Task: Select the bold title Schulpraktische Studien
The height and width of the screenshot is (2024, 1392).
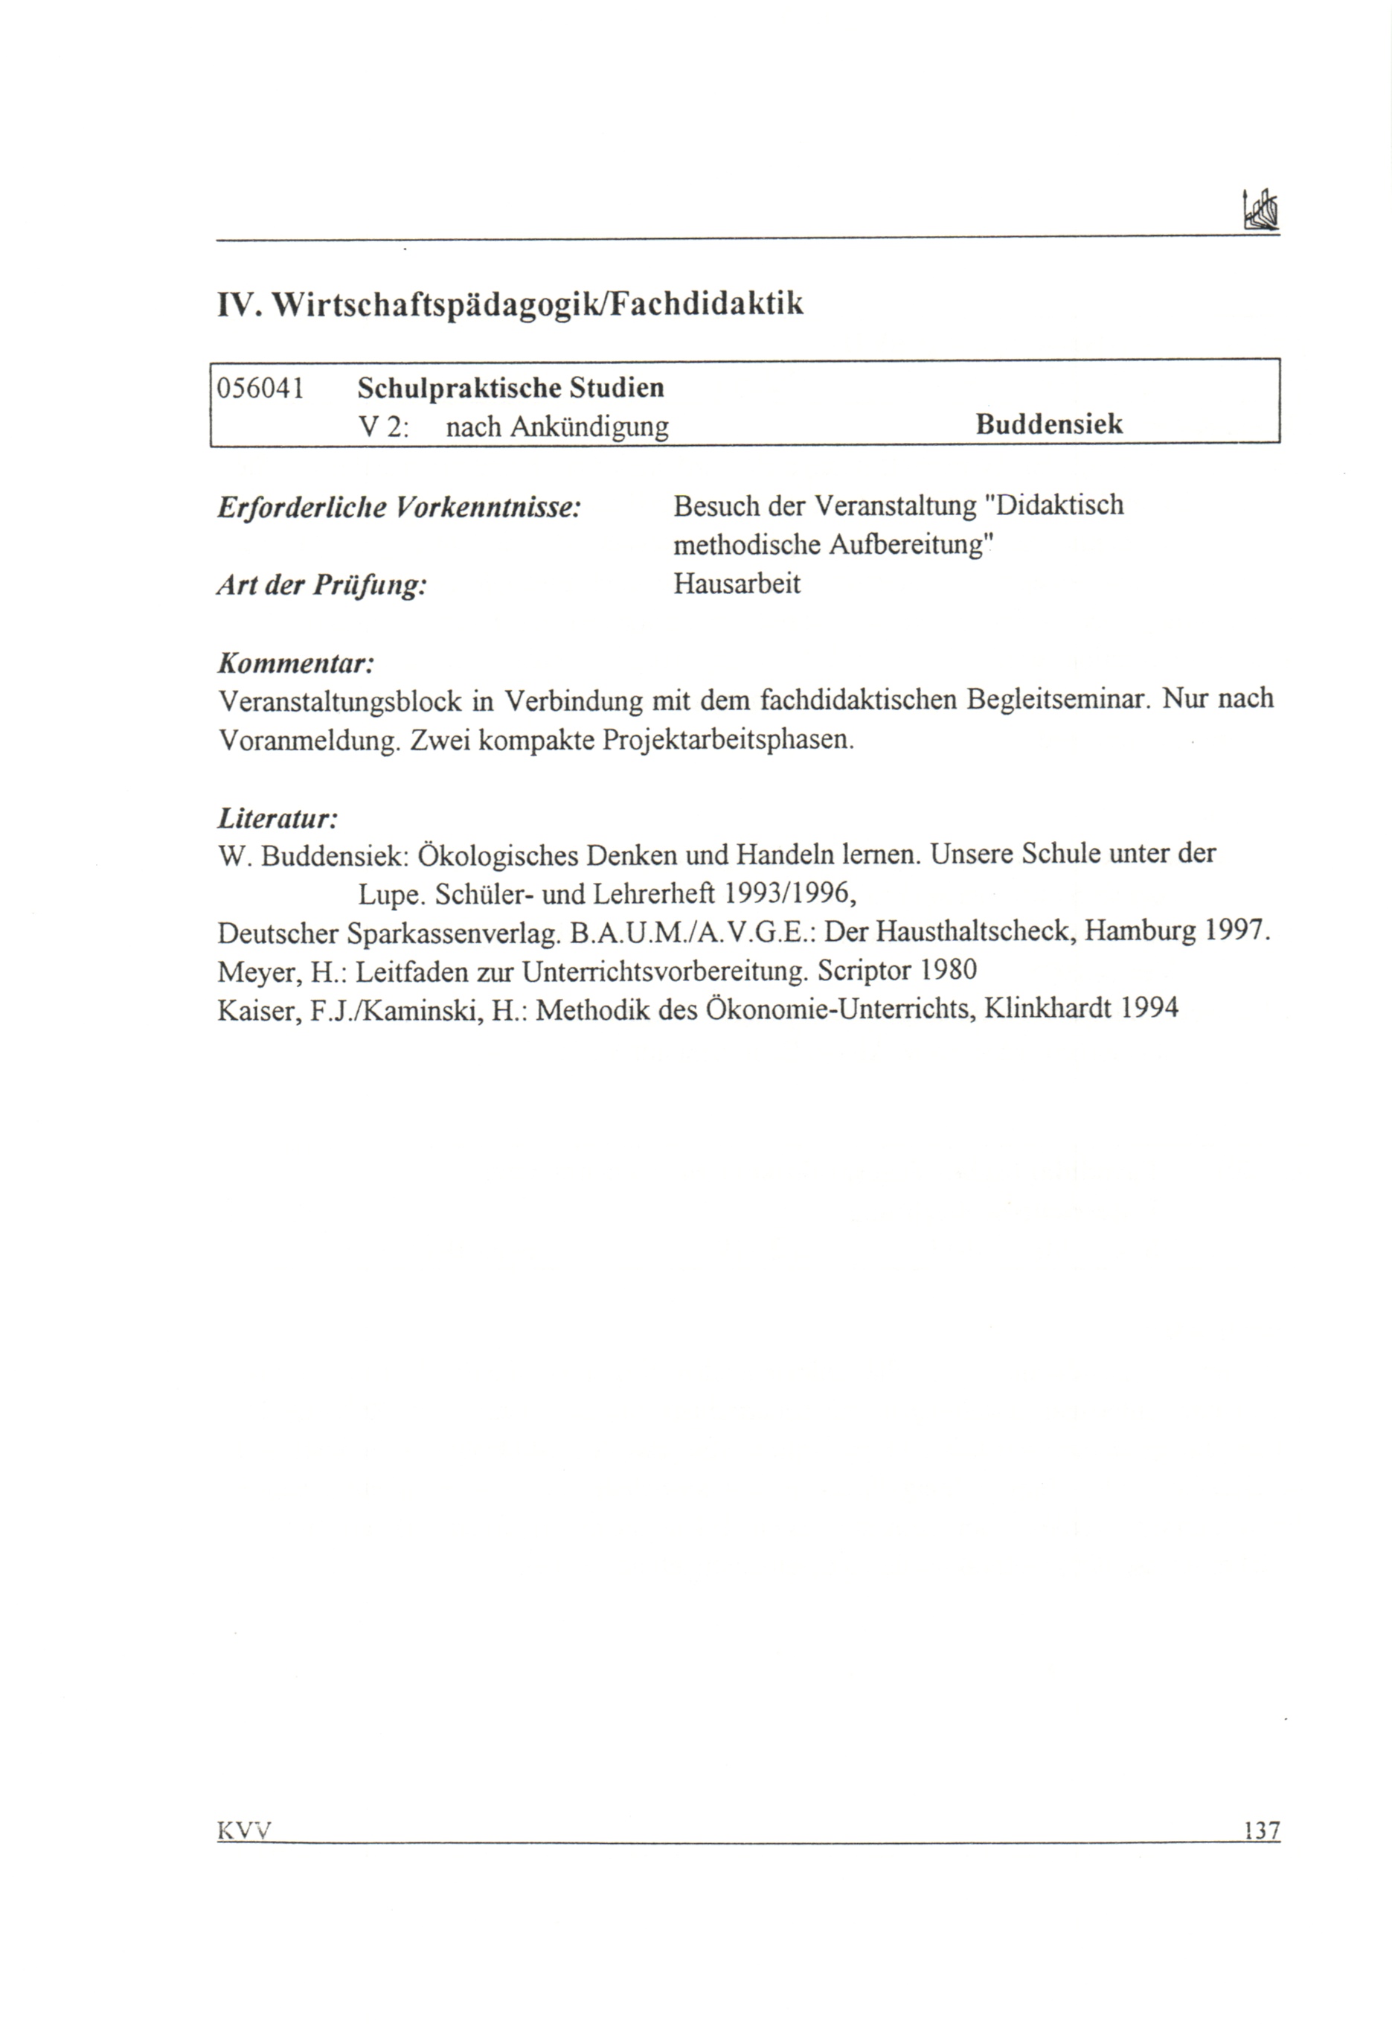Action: pos(511,387)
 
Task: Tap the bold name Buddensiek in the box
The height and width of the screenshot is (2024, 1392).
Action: pos(1048,425)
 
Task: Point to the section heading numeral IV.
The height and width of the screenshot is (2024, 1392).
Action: pos(236,304)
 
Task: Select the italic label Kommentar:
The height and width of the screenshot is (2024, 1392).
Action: pos(295,664)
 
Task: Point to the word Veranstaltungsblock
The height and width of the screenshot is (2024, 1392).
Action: pos(339,700)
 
